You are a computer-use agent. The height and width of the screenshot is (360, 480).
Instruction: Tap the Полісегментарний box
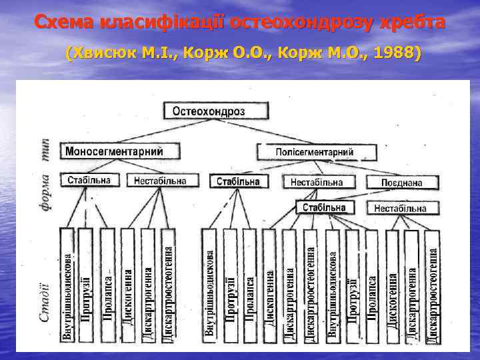(x=314, y=153)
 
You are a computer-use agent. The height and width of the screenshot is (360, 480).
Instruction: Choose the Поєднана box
(x=401, y=181)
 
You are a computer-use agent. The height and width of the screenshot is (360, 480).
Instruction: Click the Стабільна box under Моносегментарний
(x=93, y=180)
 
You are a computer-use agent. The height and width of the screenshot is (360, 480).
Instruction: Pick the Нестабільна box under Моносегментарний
(x=165, y=181)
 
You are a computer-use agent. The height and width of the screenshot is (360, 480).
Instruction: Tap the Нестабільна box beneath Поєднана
(x=400, y=208)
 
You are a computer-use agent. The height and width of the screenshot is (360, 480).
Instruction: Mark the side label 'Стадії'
(x=45, y=301)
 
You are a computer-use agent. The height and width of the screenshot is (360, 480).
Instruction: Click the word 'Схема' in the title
(x=64, y=23)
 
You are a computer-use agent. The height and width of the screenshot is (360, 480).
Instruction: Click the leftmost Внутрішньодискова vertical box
(x=67, y=285)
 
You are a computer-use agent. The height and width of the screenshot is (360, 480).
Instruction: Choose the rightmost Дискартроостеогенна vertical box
(x=433, y=287)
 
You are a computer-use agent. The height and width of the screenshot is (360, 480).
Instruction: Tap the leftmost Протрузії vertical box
(x=86, y=285)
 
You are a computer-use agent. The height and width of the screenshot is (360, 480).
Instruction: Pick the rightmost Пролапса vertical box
(x=372, y=287)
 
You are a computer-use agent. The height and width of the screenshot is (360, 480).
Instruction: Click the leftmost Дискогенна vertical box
(x=127, y=285)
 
